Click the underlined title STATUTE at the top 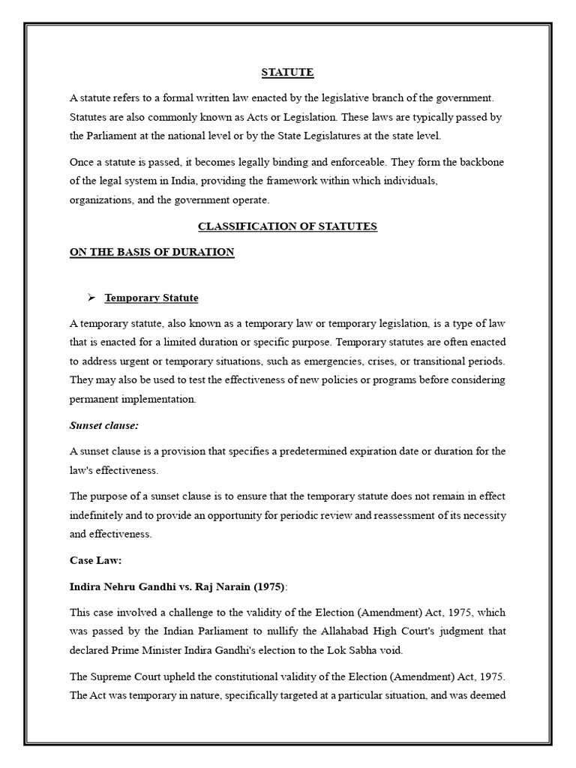(x=287, y=73)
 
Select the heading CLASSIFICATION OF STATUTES (x=287, y=226)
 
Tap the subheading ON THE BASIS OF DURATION (x=152, y=252)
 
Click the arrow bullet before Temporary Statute (x=91, y=298)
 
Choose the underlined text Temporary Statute (x=151, y=298)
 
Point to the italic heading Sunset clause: (x=103, y=425)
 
